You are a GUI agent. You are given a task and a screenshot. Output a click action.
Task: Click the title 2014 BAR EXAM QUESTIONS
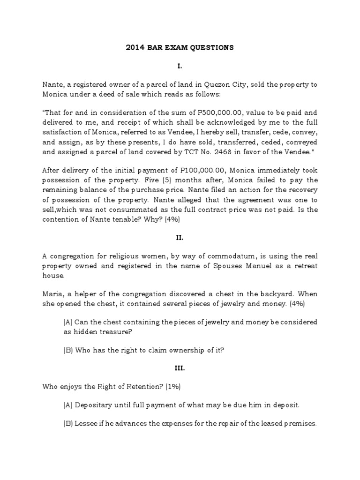(180, 47)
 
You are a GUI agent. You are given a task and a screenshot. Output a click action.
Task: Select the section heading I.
(180, 66)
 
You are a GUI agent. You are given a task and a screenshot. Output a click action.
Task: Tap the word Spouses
(214, 267)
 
